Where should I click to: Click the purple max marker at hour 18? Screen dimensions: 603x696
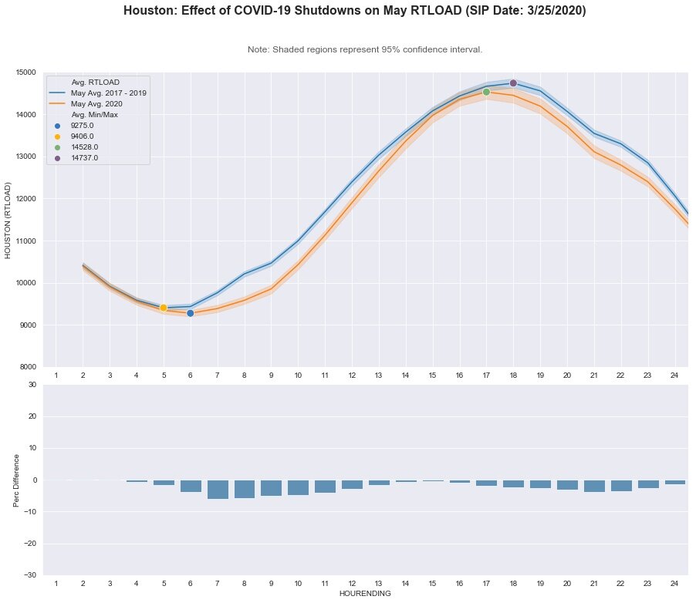[513, 83]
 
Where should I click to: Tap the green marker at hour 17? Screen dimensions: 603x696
[486, 92]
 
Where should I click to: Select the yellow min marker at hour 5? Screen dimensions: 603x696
[164, 308]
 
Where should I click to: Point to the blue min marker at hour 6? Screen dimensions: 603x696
[191, 313]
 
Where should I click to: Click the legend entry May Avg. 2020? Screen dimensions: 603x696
[96, 103]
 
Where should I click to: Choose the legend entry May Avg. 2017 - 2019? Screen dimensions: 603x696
[108, 93]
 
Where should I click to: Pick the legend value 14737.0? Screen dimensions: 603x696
[84, 157]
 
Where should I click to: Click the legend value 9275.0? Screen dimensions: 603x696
[82, 125]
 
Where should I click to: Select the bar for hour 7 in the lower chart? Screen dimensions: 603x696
[218, 489]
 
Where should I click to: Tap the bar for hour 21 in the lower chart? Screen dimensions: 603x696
[594, 486]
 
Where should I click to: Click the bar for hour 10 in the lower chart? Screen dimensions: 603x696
[298, 487]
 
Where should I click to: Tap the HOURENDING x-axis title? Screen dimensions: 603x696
[365, 594]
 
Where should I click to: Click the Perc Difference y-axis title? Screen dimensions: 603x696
[17, 480]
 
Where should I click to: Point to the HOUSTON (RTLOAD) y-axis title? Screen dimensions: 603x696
[8, 220]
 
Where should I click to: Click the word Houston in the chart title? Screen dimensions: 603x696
[150, 12]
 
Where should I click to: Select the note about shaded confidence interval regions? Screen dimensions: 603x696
[365, 49]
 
